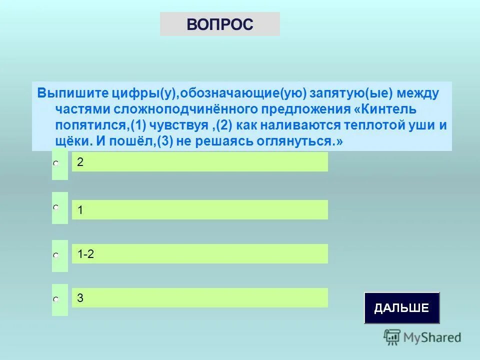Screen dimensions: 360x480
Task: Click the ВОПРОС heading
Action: pos(220,24)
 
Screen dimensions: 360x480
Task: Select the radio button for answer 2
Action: pos(56,163)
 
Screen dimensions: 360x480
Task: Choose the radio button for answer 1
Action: pos(56,206)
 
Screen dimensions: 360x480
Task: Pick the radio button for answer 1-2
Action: pos(56,255)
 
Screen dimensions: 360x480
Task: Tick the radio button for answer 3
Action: pos(56,299)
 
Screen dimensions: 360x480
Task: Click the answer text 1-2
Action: pos(86,254)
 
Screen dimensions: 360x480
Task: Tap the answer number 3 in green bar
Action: pos(80,298)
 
